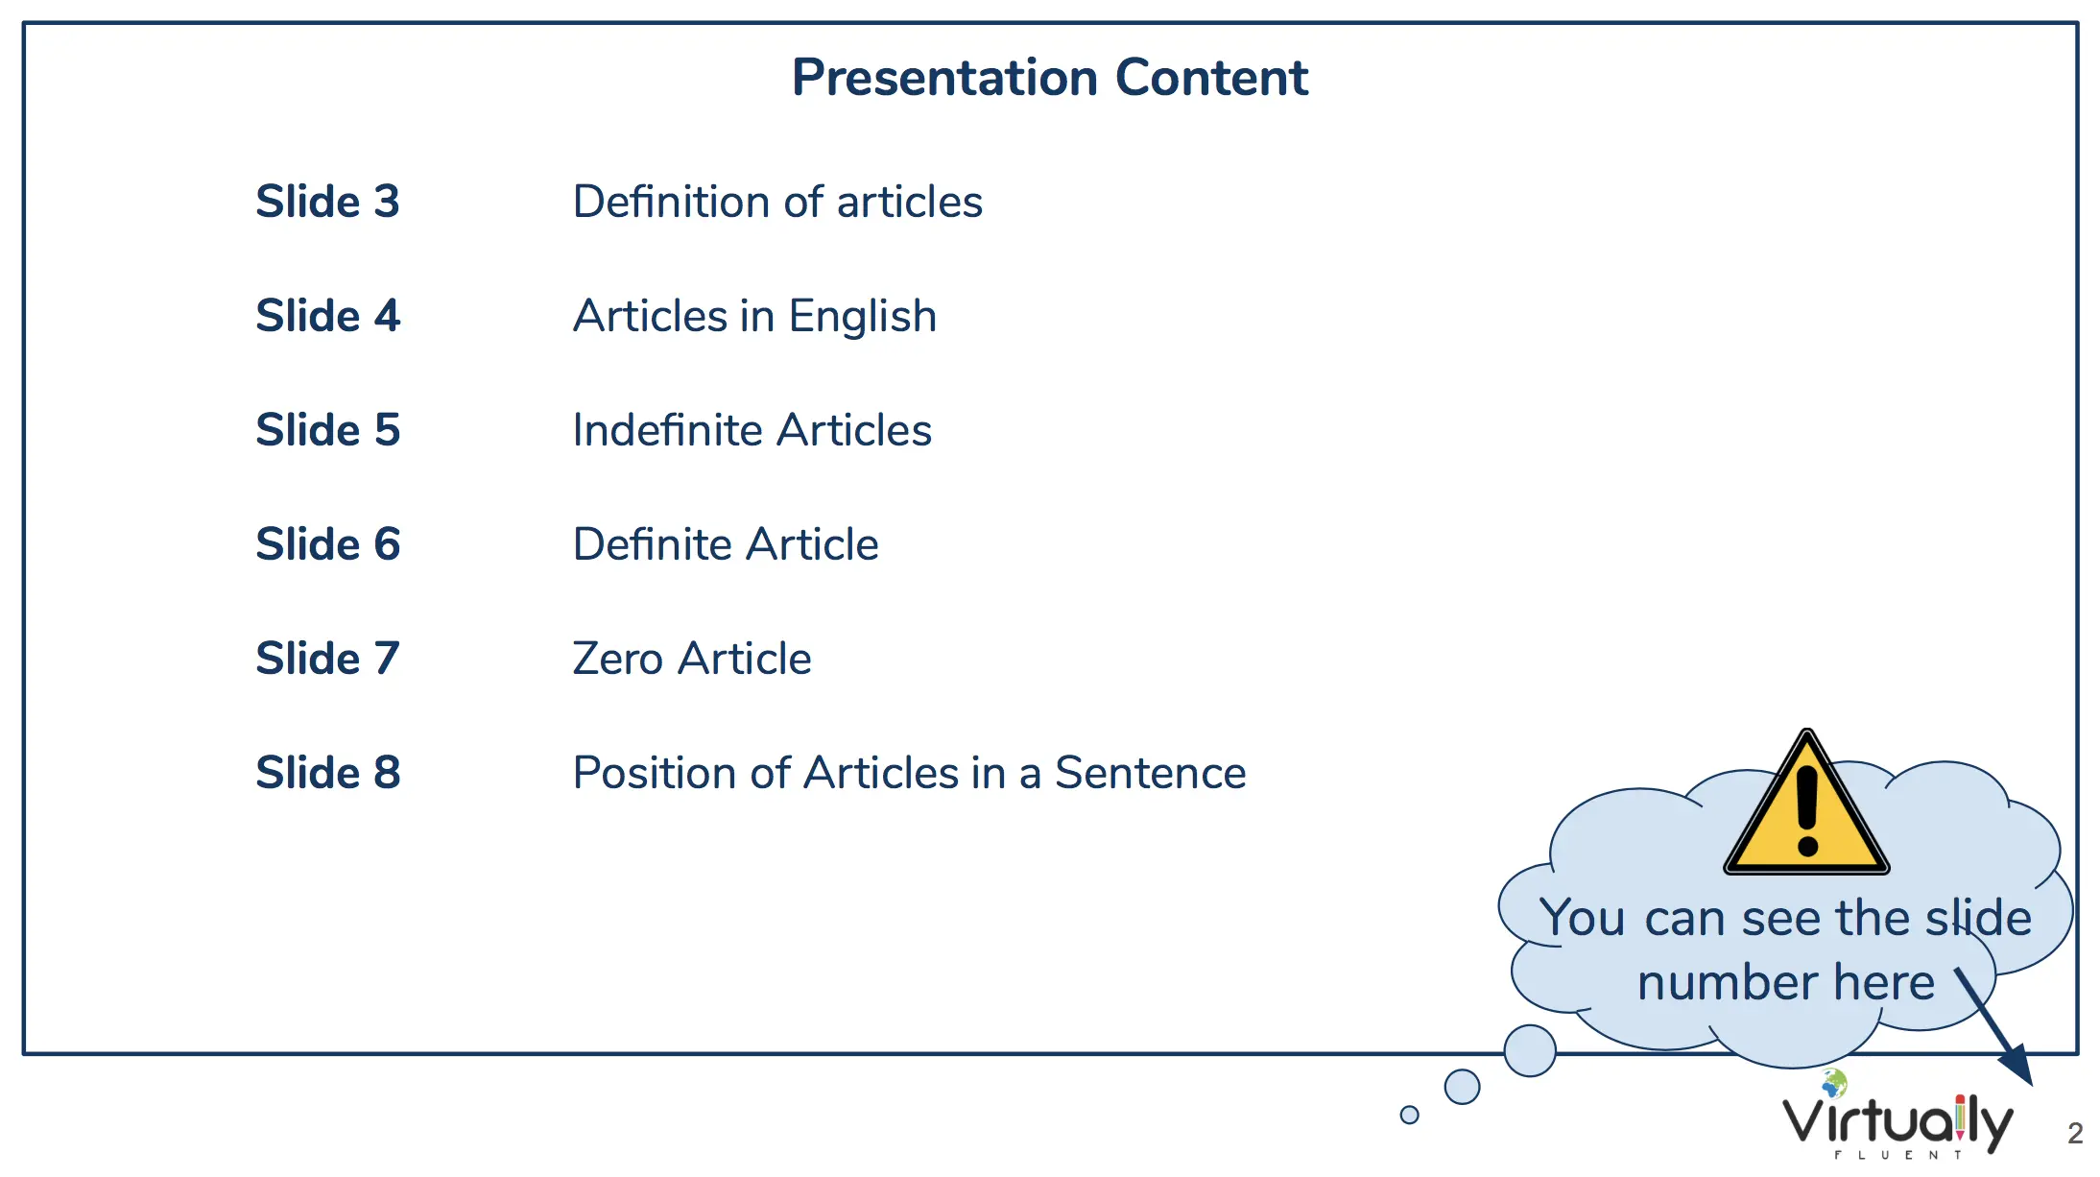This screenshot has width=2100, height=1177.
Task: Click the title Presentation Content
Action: pos(1050,78)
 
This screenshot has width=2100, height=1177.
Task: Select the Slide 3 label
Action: pos(327,202)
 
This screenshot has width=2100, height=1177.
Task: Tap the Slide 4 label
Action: pos(327,316)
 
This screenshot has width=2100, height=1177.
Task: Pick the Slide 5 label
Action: pos(327,430)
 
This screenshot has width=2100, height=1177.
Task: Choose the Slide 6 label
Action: pos(327,544)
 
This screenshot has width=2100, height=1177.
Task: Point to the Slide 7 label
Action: pos(327,659)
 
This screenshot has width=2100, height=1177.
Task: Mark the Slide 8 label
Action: pos(327,773)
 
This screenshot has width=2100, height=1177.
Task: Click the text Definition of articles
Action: pos(777,202)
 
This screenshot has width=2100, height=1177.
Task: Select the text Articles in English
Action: pos(754,317)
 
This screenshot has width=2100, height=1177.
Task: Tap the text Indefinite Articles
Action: pos(752,430)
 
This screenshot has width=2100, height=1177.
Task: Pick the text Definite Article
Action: pos(726,544)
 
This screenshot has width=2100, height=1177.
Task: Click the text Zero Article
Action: pos(692,659)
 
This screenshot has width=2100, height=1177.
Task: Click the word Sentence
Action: pos(1151,773)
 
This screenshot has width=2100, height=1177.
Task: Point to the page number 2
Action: pos(2075,1134)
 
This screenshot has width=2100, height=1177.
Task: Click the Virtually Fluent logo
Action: pos(1897,1116)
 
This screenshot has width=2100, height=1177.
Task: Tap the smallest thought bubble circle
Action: pos(1409,1115)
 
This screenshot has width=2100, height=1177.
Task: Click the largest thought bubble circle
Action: pos(1530,1050)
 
